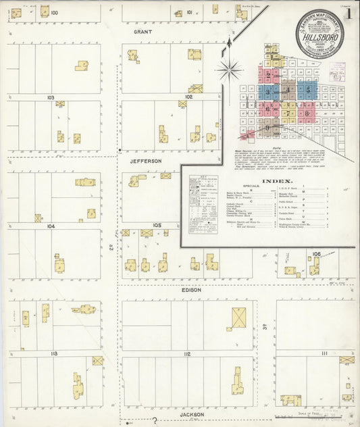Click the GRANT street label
[143, 32]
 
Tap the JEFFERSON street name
[147, 161]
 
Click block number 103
[51, 97]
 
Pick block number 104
[51, 226]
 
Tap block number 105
[157, 225]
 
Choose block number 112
[187, 353]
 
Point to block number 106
[316, 253]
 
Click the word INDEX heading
[278, 182]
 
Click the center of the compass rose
[230, 68]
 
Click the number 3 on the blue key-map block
[268, 92]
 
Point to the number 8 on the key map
[308, 114]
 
